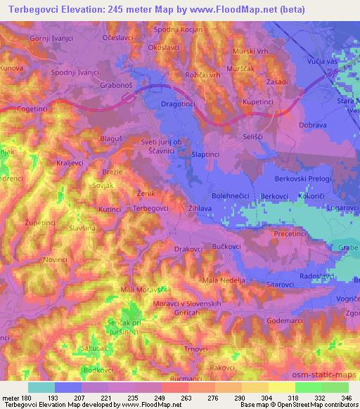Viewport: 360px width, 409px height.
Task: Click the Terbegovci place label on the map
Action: (150, 209)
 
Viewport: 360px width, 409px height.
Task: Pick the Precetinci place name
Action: (288, 234)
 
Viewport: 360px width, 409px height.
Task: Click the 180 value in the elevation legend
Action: (23, 397)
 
